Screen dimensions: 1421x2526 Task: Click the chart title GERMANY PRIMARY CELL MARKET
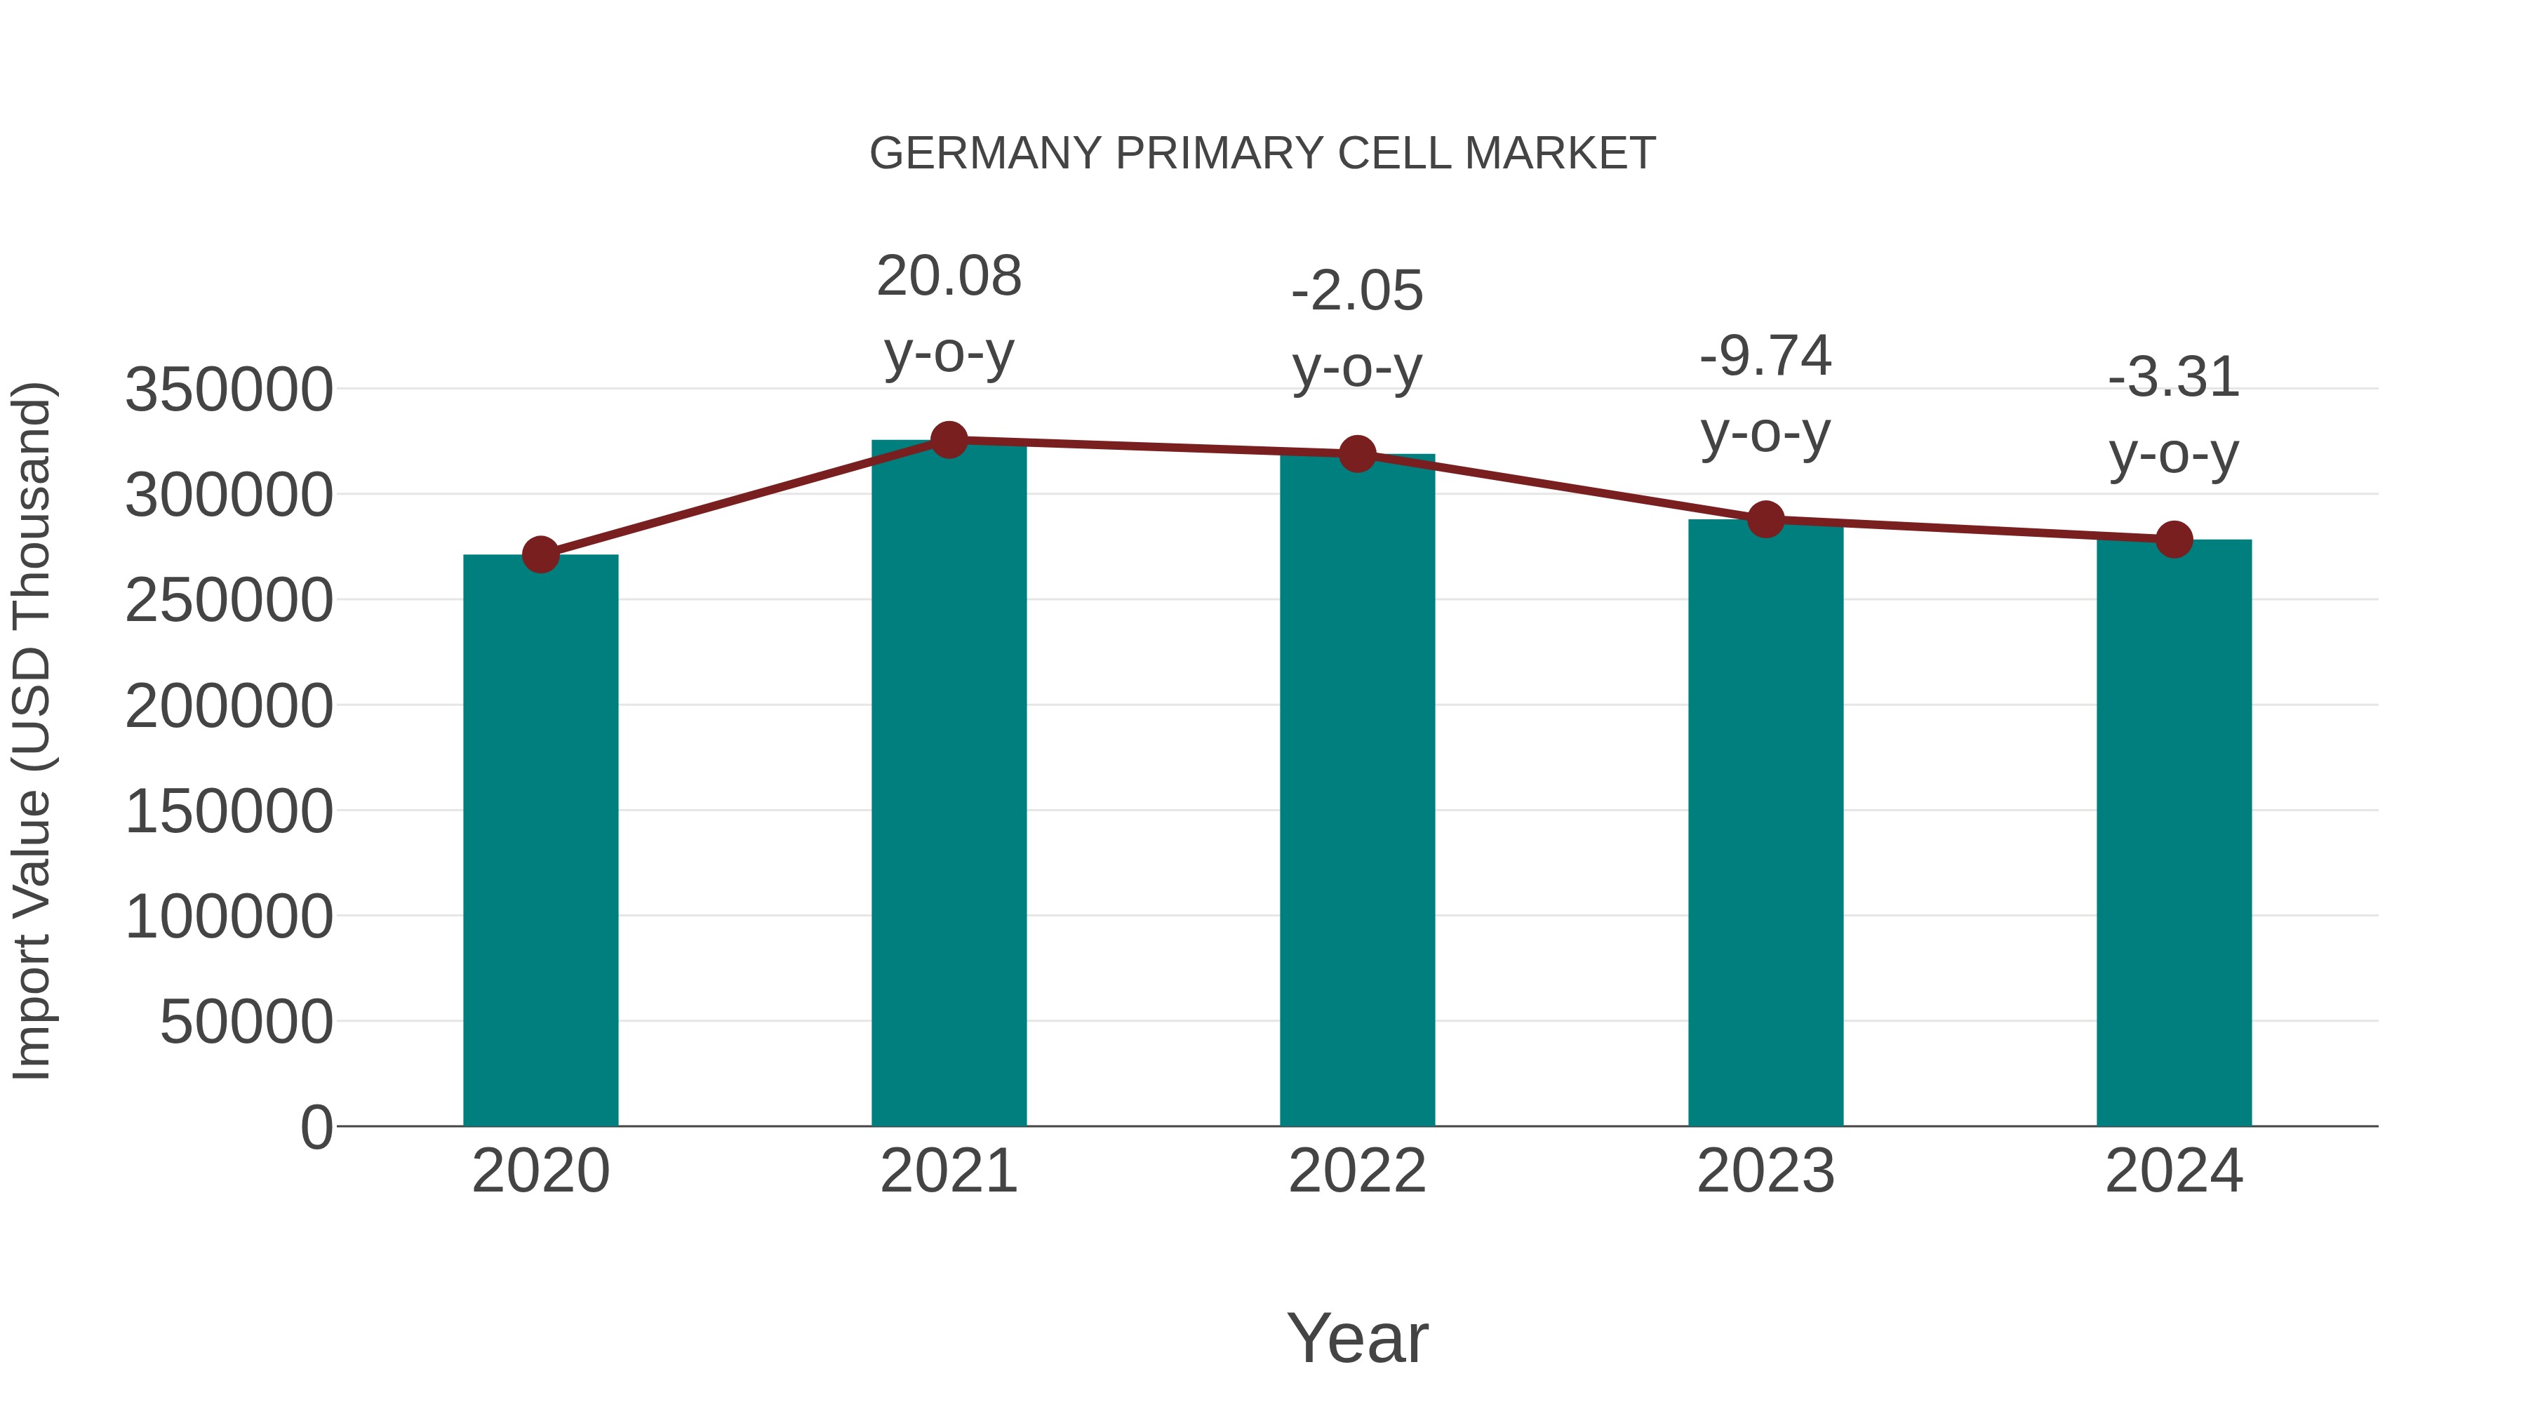(1262, 154)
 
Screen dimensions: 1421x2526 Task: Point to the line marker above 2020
(540, 555)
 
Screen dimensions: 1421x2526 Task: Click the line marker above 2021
(948, 440)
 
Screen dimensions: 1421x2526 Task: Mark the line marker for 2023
(1765, 520)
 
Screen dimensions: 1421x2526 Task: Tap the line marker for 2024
(2174, 540)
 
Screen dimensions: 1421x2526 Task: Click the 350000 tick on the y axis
(229, 389)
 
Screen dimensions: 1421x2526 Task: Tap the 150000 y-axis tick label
(229, 812)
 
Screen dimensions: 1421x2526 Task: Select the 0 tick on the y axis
(316, 1127)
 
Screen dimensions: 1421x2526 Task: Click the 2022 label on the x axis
(1357, 1171)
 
